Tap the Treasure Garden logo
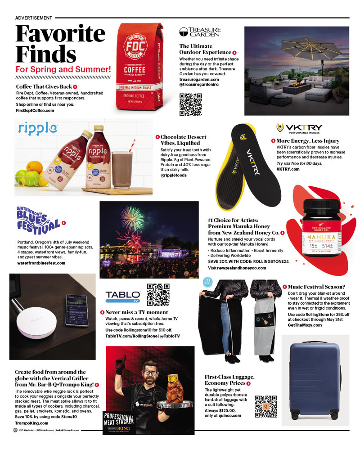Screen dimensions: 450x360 (x=200, y=31)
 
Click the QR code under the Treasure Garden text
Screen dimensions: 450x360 (x=190, y=104)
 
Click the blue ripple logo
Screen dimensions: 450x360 (x=38, y=129)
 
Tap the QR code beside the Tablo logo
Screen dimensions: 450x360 (x=158, y=295)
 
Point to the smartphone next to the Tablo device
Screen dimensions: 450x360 (x=76, y=310)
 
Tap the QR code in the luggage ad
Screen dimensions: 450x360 (x=265, y=407)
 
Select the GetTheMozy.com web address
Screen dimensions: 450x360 (x=305, y=324)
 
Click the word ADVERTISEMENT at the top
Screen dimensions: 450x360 (x=34, y=18)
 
